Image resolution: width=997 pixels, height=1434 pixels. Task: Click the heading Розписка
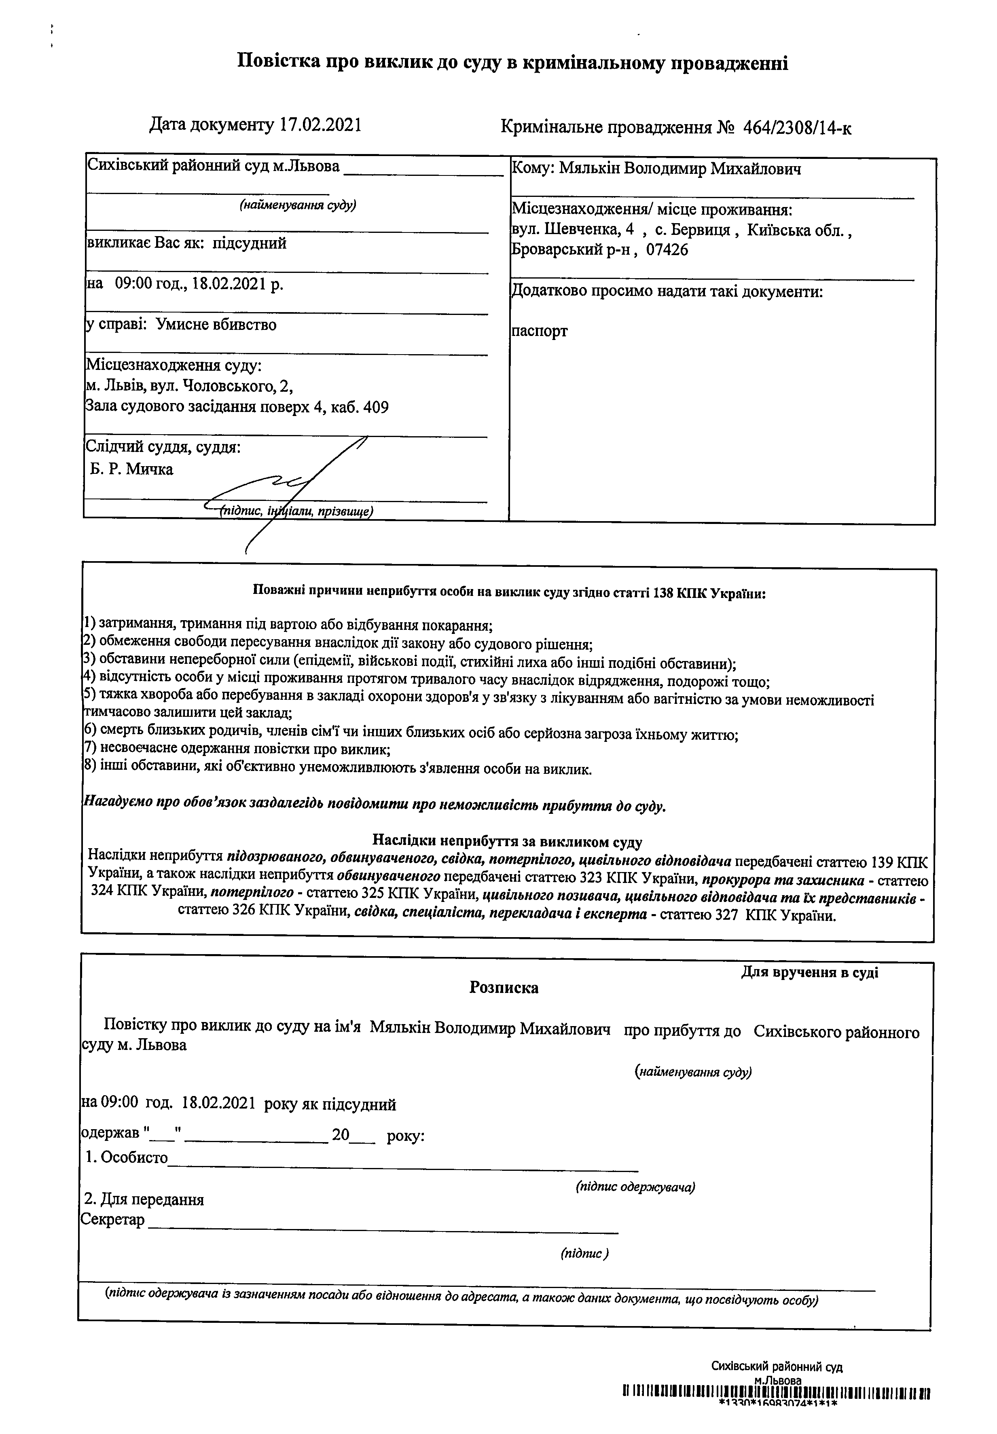tap(504, 988)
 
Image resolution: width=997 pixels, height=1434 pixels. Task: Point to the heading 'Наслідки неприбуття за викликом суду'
tap(507, 842)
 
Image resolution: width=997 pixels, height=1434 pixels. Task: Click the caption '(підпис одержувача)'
tap(635, 1187)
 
